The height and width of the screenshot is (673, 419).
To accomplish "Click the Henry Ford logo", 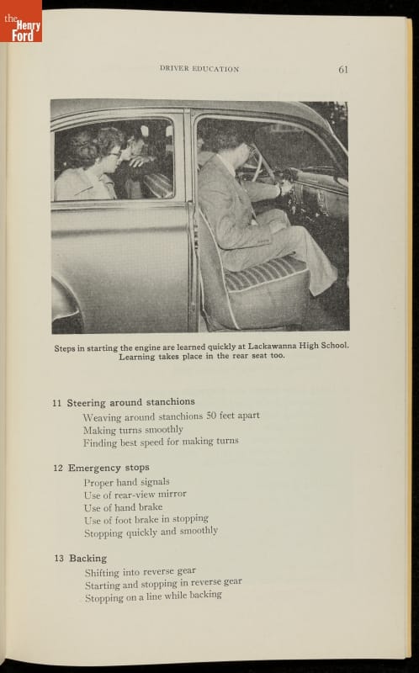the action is click(21, 22).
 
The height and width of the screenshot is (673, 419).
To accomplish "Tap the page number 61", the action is click(343, 70).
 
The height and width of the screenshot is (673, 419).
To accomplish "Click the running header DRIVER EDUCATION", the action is click(199, 69).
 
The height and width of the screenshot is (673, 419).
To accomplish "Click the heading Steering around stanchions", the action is click(131, 402).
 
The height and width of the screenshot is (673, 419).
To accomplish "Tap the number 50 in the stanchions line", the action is click(211, 416).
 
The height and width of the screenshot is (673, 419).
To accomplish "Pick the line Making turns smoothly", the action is click(133, 430).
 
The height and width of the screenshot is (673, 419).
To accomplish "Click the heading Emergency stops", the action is click(109, 468).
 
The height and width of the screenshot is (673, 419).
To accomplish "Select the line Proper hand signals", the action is click(127, 482).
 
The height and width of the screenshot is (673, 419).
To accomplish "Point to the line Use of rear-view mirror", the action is click(135, 495).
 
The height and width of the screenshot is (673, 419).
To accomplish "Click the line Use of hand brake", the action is click(123, 507).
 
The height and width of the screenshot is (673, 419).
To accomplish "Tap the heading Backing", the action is click(88, 559).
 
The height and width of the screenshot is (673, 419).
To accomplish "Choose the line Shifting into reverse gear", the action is click(141, 572).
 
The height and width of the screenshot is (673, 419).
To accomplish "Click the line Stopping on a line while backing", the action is click(153, 597).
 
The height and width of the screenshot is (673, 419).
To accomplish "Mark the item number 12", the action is click(58, 468).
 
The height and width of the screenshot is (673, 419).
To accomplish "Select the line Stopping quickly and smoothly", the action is click(151, 533).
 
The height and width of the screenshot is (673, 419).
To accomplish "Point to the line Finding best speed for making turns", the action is click(161, 442).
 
